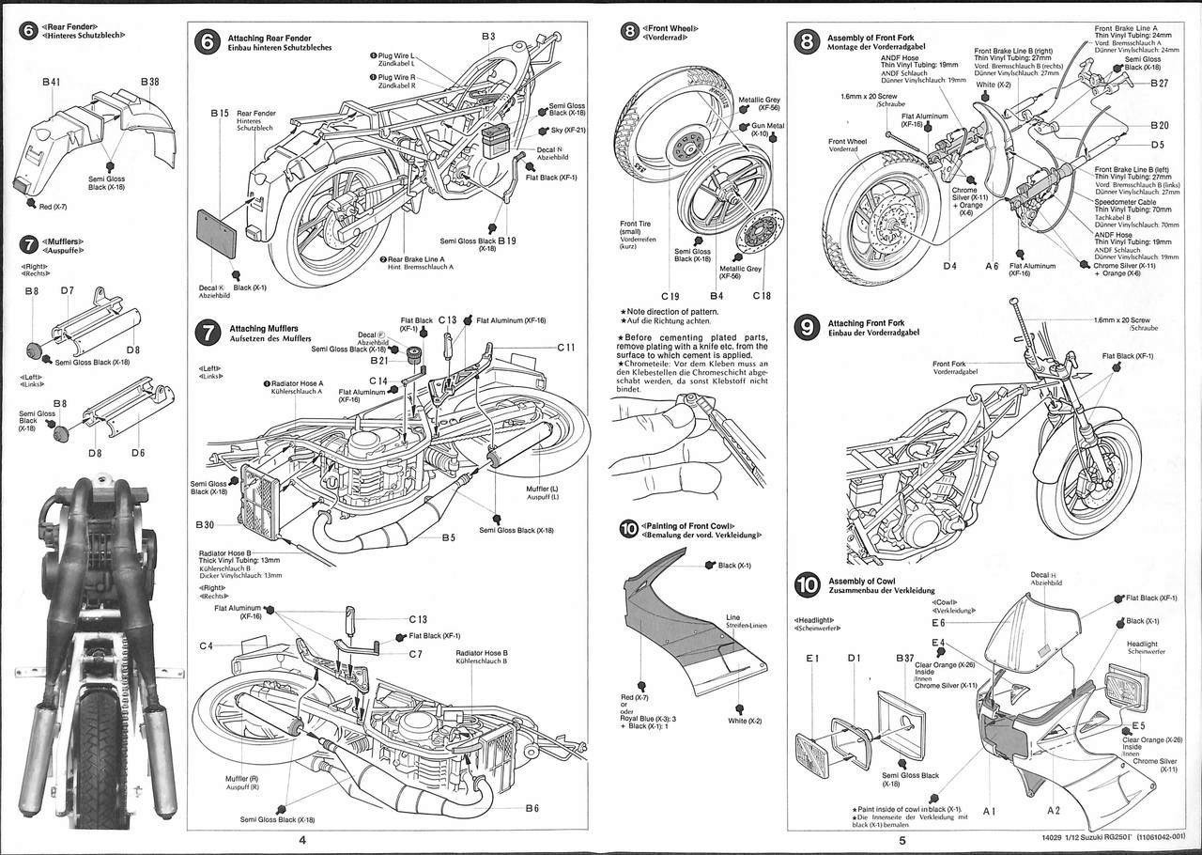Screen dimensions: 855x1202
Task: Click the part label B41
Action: coord(51,83)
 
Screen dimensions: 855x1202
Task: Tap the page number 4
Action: coord(301,841)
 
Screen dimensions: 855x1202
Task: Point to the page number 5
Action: coord(901,841)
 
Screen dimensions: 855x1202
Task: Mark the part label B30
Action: coord(207,523)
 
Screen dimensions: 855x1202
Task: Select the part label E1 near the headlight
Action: coord(813,658)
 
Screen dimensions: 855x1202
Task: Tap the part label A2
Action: coord(1053,809)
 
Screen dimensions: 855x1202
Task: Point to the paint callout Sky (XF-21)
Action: coord(569,131)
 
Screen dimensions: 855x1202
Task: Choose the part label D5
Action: coord(1157,145)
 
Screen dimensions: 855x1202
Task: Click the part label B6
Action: coord(532,808)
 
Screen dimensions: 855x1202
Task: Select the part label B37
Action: coord(904,658)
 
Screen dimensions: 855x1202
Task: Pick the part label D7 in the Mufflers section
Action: coord(67,290)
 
